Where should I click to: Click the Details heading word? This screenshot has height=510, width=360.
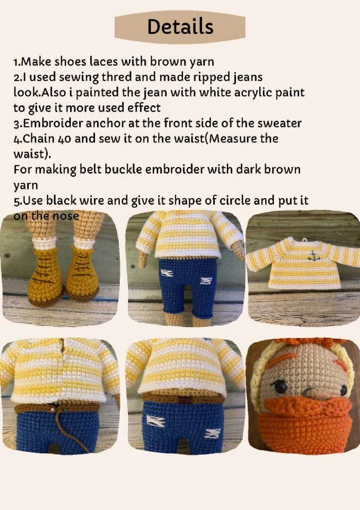[180, 27]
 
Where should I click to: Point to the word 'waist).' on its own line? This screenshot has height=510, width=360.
[32, 155]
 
